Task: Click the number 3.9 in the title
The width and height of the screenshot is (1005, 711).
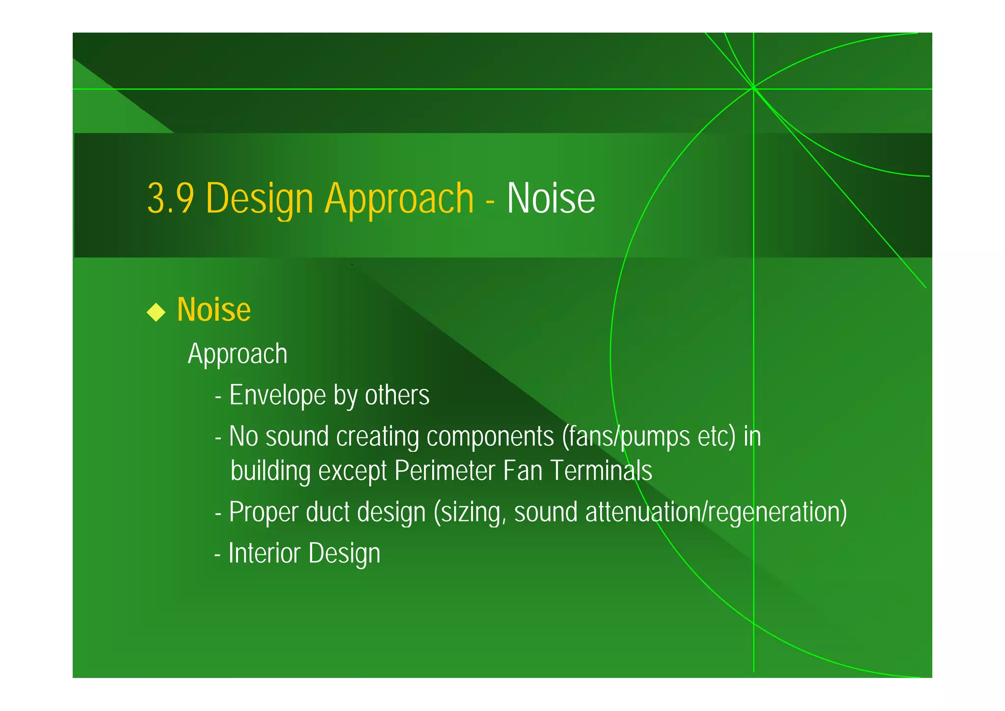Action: point(170,198)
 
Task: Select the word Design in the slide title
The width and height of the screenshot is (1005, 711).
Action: point(259,198)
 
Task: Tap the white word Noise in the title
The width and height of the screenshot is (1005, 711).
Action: point(551,198)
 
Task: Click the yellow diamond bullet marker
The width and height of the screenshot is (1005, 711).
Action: point(156,312)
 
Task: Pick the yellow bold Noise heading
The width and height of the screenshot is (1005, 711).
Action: point(214,310)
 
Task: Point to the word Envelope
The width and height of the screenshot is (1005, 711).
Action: point(277,395)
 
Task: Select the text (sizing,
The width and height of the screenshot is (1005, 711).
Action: point(470,512)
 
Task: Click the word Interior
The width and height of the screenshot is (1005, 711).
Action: point(264,553)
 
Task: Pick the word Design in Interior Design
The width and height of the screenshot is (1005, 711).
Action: point(344,553)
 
